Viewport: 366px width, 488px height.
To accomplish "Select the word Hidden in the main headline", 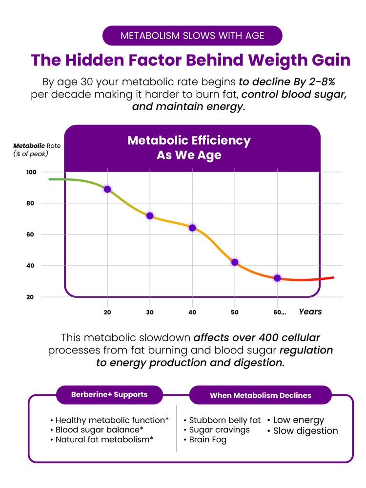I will (x=93, y=60).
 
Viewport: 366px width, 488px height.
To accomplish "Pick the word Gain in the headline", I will (x=331, y=60).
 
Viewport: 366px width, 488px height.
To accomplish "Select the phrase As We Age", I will (x=189, y=156).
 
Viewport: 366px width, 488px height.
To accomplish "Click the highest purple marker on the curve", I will (x=107, y=189).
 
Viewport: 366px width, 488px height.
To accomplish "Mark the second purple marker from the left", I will (x=150, y=215).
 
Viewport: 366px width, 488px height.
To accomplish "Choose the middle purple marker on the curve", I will (x=192, y=228).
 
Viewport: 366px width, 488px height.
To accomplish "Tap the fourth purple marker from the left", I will (x=235, y=262).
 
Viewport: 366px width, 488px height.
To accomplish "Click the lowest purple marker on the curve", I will (x=277, y=278).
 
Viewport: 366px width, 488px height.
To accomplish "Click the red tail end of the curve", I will (x=330, y=278).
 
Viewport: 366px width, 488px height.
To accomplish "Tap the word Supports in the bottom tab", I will (x=131, y=394).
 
